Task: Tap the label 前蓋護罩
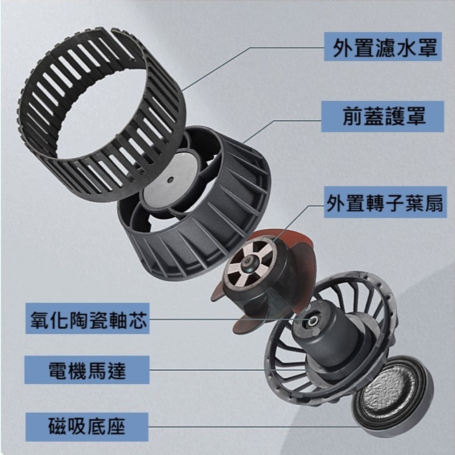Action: pos(384,116)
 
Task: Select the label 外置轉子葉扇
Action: pos(385,203)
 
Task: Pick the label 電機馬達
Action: pos(87,370)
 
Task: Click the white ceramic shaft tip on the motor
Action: pos(313,321)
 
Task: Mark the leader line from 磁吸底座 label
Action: pos(252,427)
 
